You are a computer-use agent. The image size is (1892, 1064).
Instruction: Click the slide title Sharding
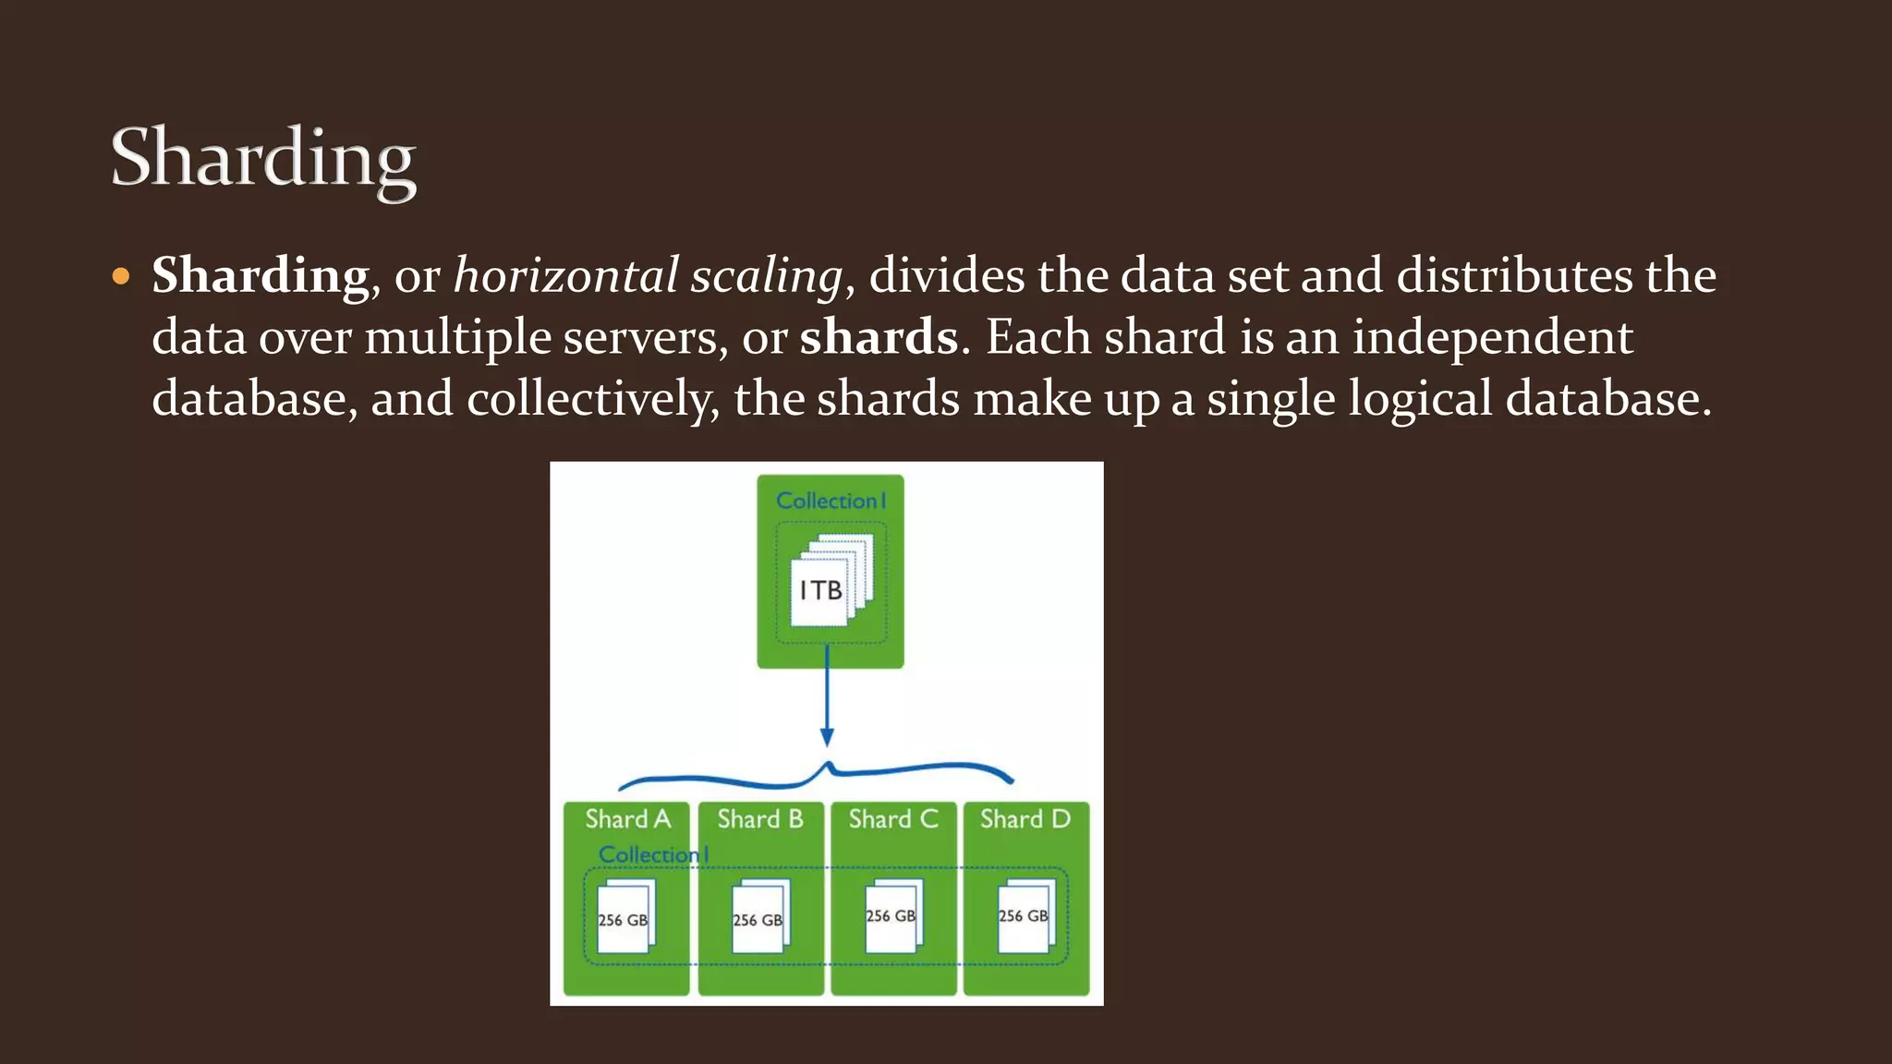(x=263, y=159)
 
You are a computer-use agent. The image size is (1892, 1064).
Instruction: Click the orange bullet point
(x=121, y=277)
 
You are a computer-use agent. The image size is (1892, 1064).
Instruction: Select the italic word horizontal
(x=566, y=276)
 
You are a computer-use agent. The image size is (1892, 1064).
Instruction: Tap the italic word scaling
(x=767, y=276)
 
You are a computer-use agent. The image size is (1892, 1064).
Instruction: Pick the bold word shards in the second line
(x=879, y=337)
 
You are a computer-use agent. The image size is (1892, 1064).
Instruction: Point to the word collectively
(x=592, y=399)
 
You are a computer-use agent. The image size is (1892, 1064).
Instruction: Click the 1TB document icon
(x=821, y=590)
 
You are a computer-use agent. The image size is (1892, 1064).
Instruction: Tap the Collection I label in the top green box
(x=831, y=501)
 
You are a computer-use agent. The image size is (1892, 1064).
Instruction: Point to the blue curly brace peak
(x=829, y=767)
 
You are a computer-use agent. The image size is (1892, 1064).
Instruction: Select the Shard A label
(x=628, y=819)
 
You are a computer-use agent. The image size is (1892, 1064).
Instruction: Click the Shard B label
(x=760, y=819)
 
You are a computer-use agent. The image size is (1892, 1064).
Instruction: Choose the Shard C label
(x=893, y=819)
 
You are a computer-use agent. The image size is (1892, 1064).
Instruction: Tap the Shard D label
(x=1025, y=819)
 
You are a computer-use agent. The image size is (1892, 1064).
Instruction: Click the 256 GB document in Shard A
(x=625, y=918)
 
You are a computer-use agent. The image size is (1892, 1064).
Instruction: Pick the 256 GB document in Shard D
(x=1025, y=915)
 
